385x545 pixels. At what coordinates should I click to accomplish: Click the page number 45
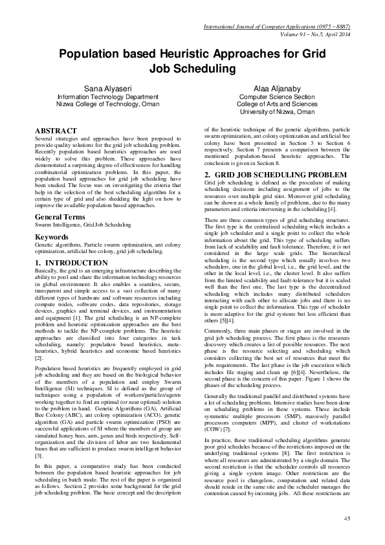click(347, 518)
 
